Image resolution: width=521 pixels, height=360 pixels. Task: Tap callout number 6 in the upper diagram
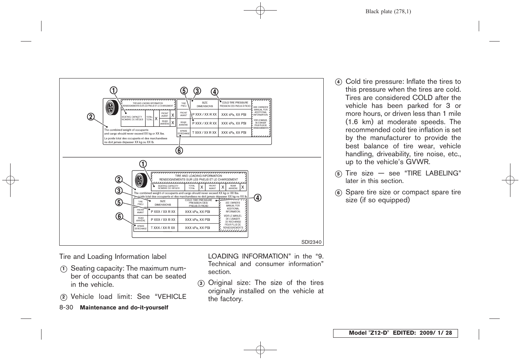point(179,150)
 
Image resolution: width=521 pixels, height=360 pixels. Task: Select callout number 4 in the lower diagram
point(258,198)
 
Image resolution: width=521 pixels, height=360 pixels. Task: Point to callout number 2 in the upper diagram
point(91,117)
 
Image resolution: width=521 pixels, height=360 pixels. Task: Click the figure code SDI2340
point(311,242)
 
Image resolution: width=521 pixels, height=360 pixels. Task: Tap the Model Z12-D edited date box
point(395,333)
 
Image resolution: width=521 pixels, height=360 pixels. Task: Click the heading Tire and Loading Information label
point(112,257)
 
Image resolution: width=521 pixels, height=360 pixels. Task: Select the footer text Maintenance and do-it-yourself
point(124,308)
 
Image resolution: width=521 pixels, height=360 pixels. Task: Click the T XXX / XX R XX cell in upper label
point(204,132)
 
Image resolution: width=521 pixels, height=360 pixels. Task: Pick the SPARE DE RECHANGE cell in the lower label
point(141,228)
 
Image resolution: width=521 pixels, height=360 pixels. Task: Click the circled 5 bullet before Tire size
point(338,174)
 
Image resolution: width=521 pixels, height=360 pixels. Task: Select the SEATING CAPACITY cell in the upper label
point(132,118)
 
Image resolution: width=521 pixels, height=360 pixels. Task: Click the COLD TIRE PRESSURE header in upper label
point(235,104)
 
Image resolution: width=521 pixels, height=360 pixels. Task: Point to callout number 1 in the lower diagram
point(143,164)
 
